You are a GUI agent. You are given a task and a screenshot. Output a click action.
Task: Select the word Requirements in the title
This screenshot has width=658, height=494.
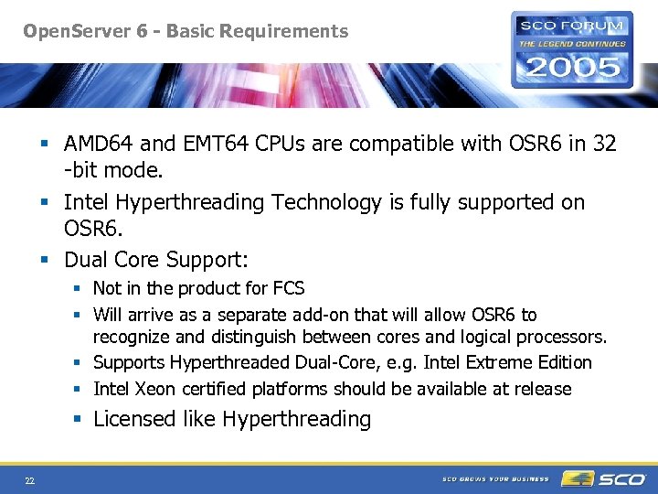point(289,32)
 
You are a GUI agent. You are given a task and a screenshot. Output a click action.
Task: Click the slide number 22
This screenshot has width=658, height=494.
point(30,479)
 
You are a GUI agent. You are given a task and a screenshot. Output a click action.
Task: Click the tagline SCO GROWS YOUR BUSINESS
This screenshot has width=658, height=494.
point(495,479)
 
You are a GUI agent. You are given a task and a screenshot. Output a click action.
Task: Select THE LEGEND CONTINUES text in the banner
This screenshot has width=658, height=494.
point(572,43)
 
